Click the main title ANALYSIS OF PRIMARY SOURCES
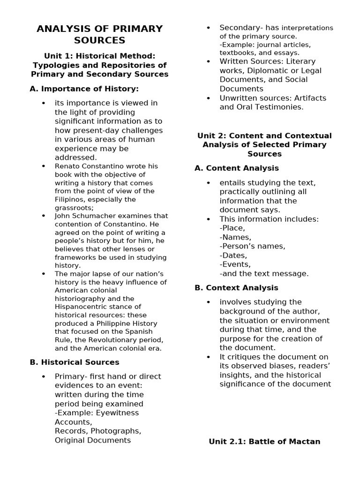coord(99,34)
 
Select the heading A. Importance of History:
coord(84,89)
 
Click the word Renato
coord(68,166)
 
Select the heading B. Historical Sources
coord(74,362)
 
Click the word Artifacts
coord(309,98)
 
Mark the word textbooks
coord(237,53)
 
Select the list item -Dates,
coord(233,255)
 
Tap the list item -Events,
coord(235,264)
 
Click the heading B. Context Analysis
coord(236,288)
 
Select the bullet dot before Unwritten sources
coord(209,98)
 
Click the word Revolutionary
coord(132,340)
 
